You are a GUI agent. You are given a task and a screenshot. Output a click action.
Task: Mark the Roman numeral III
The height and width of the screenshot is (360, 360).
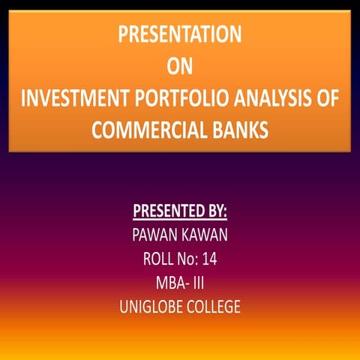tap(198, 283)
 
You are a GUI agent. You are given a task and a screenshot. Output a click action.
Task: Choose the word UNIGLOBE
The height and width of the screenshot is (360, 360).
tap(150, 307)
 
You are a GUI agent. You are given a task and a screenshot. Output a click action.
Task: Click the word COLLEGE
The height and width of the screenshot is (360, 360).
tap(212, 307)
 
